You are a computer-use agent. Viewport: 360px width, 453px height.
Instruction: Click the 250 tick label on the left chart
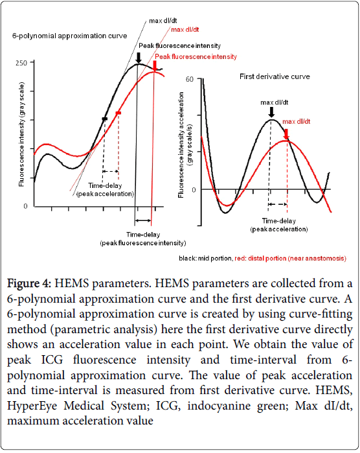tap(21, 63)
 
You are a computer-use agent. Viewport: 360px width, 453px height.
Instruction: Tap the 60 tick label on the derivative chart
tap(189, 79)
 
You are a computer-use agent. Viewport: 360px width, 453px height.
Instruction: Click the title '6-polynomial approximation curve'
tap(69, 36)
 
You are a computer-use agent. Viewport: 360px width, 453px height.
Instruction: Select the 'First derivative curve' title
tap(275, 76)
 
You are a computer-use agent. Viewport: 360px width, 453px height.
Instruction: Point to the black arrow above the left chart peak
tap(139, 58)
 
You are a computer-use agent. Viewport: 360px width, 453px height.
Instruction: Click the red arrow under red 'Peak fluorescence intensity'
tap(155, 65)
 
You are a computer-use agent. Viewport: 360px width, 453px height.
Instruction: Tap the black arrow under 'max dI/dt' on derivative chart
tap(271, 112)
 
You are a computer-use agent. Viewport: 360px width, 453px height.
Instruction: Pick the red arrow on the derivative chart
tap(286, 134)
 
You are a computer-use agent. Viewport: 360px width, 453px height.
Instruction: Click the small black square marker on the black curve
tap(104, 119)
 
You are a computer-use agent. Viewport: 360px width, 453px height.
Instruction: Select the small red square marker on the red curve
tap(118, 113)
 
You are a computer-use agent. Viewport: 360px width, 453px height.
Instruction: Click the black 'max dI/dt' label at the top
tap(163, 21)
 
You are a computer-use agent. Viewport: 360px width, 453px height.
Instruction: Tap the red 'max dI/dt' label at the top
tap(185, 29)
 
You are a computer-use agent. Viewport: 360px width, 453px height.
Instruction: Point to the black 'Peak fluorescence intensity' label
tap(179, 45)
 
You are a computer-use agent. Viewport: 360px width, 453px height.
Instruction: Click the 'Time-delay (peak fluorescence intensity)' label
tap(143, 239)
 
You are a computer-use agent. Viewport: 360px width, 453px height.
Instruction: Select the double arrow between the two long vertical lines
tap(143, 221)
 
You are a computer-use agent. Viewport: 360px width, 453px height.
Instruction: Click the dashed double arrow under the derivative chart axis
tap(277, 204)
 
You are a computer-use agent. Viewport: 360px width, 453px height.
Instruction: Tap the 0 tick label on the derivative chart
tap(194, 190)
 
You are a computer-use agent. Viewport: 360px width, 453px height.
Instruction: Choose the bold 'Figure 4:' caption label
tap(29, 283)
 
